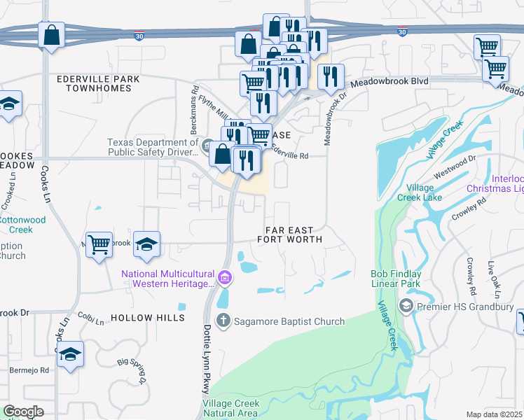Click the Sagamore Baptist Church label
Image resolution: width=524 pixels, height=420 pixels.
click(289, 321)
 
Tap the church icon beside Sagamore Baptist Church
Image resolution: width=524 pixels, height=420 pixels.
click(223, 321)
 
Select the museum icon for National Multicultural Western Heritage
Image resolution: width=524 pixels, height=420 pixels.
click(225, 278)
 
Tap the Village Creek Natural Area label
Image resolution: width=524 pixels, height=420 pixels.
click(231, 408)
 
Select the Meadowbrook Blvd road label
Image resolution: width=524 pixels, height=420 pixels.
click(389, 81)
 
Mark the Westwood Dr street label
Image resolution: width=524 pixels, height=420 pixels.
click(455, 168)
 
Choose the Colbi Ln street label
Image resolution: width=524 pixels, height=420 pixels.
click(90, 317)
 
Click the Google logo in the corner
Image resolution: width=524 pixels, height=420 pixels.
click(23, 412)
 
